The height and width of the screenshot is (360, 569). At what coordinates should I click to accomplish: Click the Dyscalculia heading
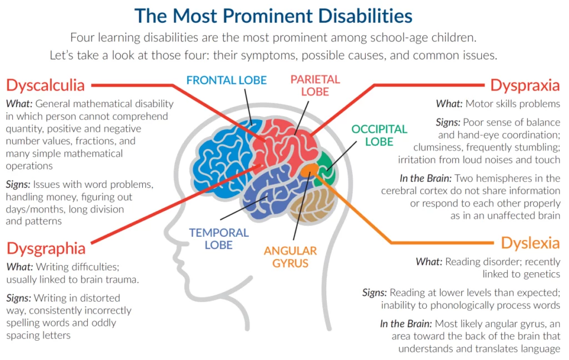click(46, 86)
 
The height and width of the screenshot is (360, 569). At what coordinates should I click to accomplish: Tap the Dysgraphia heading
click(46, 249)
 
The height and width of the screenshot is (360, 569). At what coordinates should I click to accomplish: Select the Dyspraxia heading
click(525, 86)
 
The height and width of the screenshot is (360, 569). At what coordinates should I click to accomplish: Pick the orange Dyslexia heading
click(530, 243)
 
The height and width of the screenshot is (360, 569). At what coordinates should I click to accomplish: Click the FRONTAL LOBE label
click(227, 80)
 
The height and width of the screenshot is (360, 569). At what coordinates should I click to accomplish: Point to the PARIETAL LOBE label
click(315, 86)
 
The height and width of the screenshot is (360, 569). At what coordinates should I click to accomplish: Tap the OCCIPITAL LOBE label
click(379, 136)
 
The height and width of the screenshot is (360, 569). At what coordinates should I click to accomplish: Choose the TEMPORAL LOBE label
click(219, 238)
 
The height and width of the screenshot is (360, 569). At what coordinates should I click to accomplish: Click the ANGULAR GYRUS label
click(290, 257)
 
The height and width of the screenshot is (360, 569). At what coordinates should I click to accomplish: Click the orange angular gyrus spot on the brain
click(309, 170)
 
